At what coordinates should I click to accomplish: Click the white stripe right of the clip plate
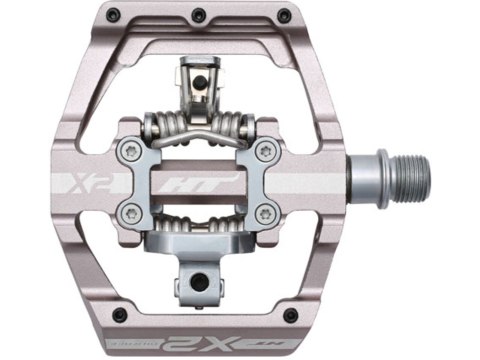pyautogui.click(x=310, y=184)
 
